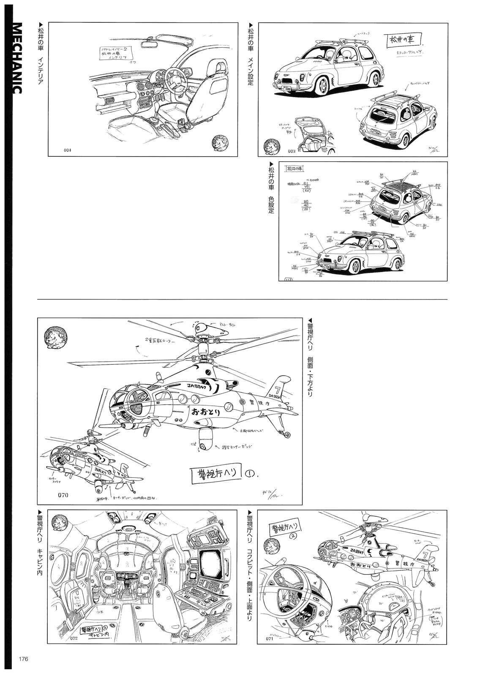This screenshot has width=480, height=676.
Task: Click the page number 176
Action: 23,660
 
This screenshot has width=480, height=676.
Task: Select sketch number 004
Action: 68,150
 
